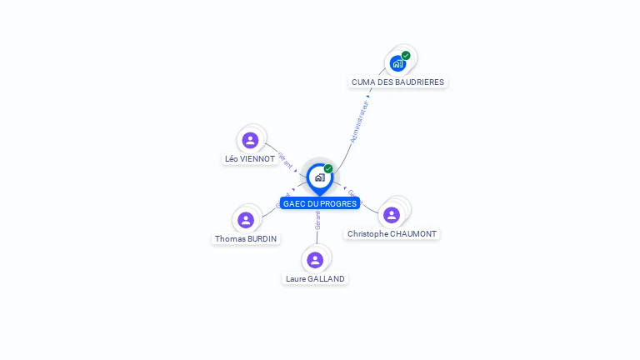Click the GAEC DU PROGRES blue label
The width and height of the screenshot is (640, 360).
coord(320,203)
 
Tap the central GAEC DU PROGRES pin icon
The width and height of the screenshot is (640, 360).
coord(319,177)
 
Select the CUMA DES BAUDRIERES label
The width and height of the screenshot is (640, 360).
coord(397,82)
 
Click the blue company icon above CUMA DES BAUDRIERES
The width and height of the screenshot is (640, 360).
coord(397,63)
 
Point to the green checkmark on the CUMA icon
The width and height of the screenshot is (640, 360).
coord(406,56)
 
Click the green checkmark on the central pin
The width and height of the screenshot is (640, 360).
coord(328,168)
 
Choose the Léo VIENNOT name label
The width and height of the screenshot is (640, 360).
coord(250,158)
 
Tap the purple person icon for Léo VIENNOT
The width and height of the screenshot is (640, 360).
coord(250,140)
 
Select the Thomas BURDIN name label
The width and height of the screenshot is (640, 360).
coord(246,238)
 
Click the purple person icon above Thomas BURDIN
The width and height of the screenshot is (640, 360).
coord(246,220)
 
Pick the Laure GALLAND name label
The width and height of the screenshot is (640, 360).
coord(315,278)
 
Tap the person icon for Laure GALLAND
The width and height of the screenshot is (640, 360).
coord(315,260)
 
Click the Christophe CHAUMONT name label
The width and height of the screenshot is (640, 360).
coord(392,234)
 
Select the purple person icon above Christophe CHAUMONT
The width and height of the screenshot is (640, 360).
coord(392,215)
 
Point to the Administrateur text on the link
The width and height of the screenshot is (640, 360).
coord(360,122)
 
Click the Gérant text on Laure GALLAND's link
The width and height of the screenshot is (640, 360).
coord(317,220)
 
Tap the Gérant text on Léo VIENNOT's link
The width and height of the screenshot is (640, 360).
coord(286,160)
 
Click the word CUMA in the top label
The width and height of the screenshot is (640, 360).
coord(363,82)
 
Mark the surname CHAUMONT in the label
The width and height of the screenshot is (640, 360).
coord(414,234)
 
